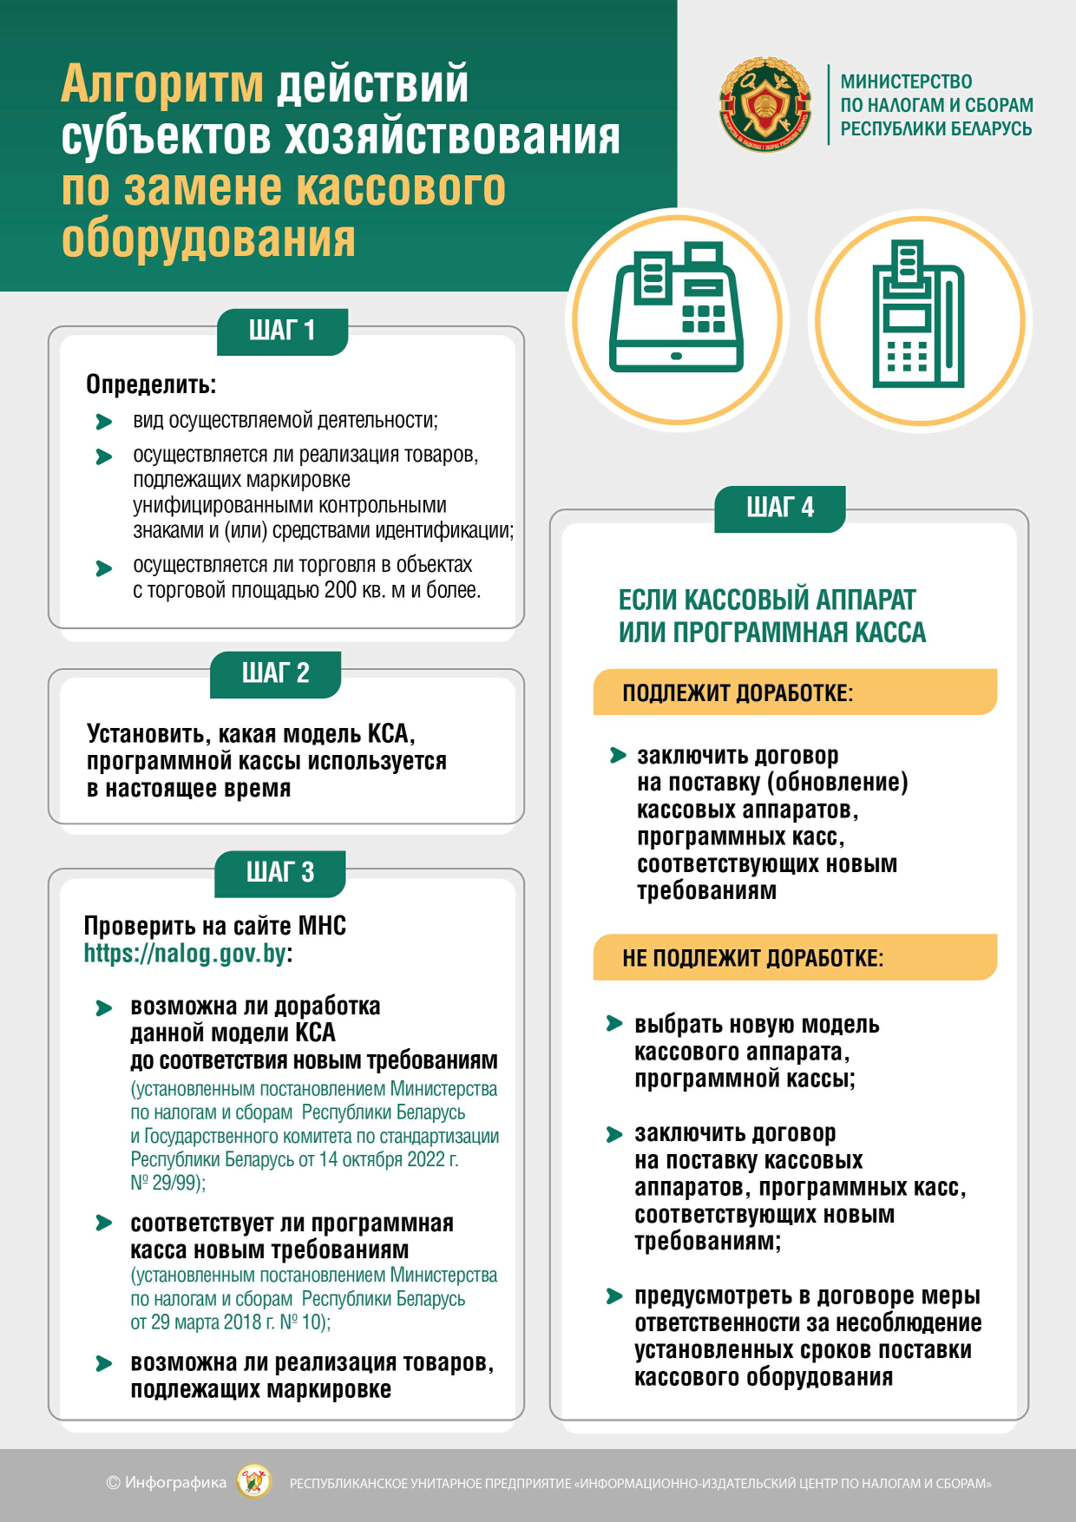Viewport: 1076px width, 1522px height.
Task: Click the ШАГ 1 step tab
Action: (282, 331)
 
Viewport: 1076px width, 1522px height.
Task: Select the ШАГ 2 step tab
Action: (275, 673)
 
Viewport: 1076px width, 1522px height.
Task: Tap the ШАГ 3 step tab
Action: (279, 872)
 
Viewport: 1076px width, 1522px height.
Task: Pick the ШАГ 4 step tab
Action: (779, 508)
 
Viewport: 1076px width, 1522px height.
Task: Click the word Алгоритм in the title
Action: (162, 85)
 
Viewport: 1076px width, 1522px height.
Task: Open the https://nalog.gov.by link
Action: (185, 954)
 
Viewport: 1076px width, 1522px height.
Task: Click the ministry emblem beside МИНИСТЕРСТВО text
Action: (765, 105)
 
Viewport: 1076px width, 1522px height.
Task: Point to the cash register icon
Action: (677, 319)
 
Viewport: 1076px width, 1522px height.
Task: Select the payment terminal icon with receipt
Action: (919, 319)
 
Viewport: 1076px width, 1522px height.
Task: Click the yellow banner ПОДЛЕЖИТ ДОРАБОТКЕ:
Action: (794, 692)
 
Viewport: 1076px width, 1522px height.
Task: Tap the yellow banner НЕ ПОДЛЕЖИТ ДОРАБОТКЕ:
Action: (794, 958)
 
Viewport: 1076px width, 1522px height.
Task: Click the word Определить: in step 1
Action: (151, 384)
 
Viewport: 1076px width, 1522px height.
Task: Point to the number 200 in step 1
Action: (340, 590)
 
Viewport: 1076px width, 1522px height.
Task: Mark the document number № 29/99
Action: (166, 1183)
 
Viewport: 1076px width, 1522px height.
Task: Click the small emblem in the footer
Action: (254, 1482)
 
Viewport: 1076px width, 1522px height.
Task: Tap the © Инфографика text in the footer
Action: (166, 1482)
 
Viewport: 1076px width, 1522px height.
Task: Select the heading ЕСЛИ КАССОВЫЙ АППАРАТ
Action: (767, 600)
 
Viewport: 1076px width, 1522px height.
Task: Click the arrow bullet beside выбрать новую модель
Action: (614, 1024)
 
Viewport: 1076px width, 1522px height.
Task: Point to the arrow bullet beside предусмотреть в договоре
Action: (614, 1296)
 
